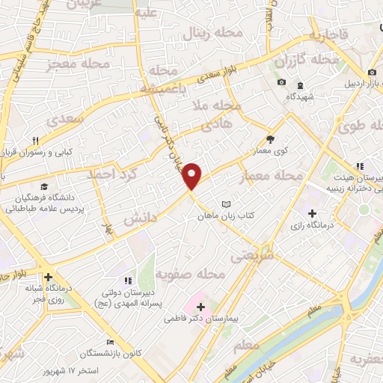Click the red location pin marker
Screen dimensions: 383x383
(x=192, y=177)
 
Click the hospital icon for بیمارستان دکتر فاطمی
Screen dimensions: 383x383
(x=200, y=306)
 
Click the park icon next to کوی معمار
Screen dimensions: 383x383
(x=270, y=139)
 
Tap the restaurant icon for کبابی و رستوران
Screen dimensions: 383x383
(x=34, y=140)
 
